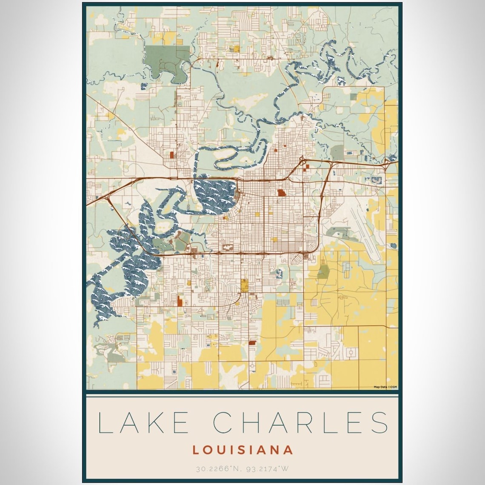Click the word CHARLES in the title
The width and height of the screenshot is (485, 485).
(300, 422)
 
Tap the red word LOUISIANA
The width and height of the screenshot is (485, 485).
(242, 450)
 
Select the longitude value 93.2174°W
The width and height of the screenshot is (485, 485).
(267, 469)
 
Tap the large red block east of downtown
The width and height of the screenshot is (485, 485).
(281, 193)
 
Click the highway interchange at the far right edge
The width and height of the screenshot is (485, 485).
(388, 162)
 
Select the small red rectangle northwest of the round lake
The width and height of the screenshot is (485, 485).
(172, 155)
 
